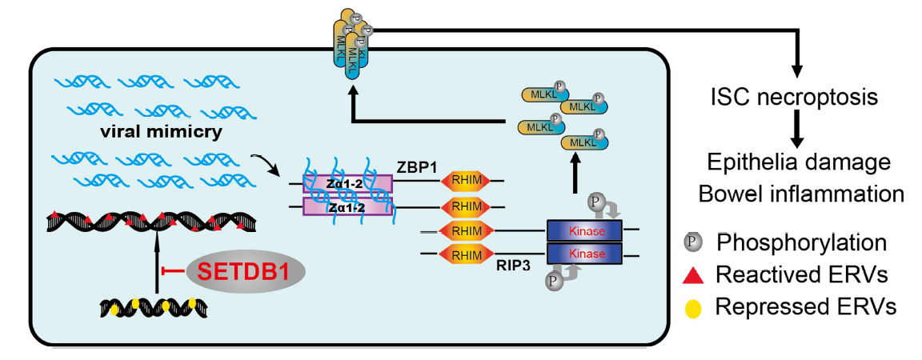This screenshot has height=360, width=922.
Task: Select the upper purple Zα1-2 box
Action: pos(347,185)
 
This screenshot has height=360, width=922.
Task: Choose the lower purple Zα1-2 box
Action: pos(347,206)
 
